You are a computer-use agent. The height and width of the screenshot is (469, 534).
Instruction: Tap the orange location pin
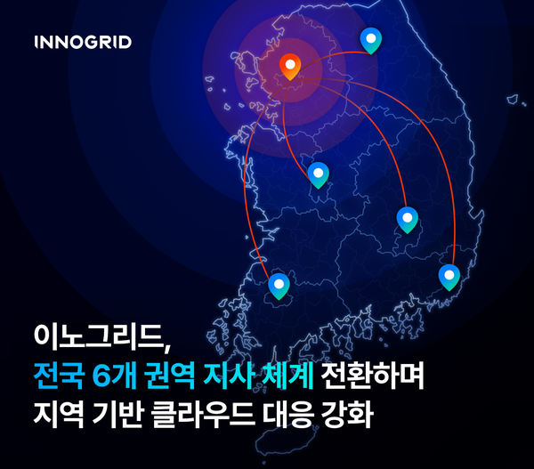tap(289, 65)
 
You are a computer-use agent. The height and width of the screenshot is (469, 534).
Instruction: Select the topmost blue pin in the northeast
tap(370, 39)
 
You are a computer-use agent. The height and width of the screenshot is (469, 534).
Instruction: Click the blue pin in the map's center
tap(318, 174)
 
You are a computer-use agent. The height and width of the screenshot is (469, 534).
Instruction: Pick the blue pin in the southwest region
tap(279, 285)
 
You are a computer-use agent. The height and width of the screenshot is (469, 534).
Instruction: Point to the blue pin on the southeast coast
tap(449, 276)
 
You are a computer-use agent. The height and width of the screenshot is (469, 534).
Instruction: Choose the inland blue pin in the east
tap(407, 218)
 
